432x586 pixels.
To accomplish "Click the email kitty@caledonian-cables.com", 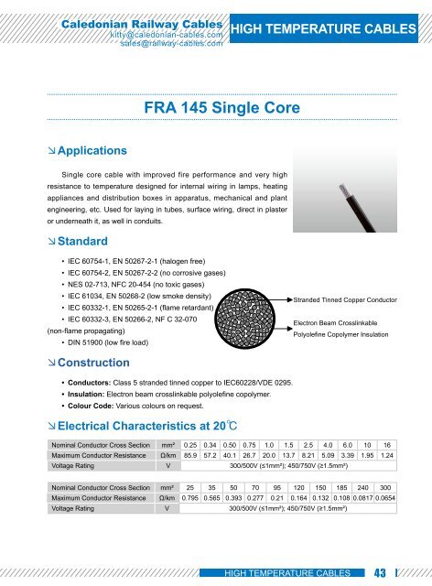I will [x=167, y=34].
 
